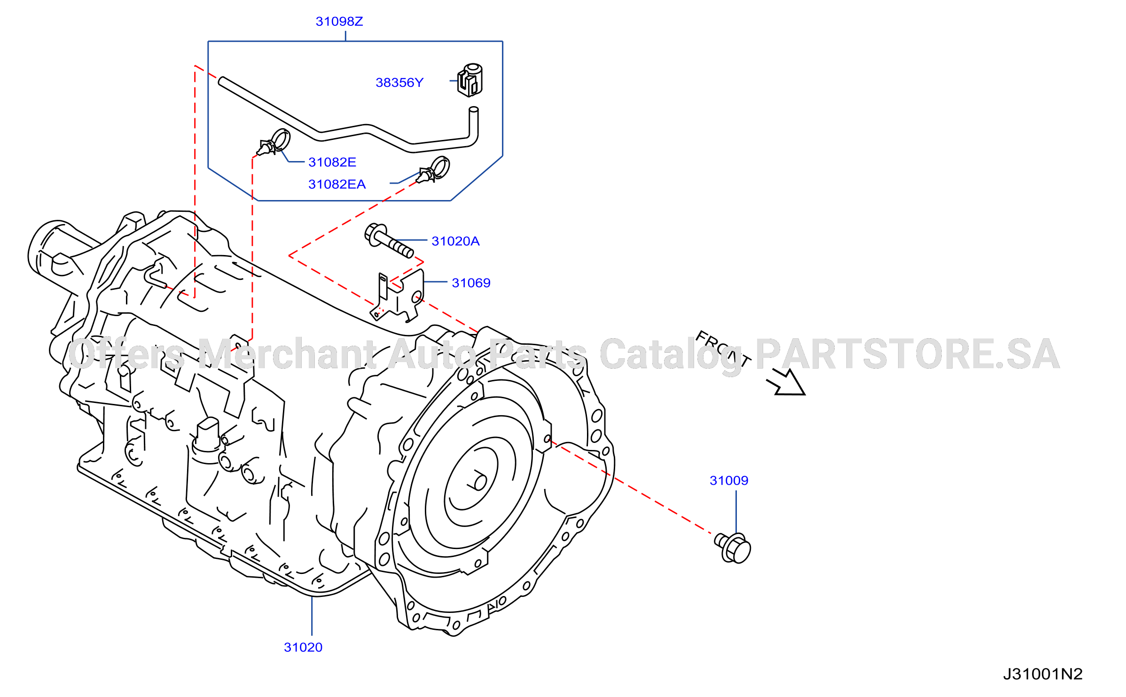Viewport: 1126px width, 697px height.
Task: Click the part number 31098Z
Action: [339, 22]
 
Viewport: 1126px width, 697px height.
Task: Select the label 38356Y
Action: [399, 83]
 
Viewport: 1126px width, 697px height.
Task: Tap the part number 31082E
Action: [332, 163]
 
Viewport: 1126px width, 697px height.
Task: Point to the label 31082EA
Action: [336, 184]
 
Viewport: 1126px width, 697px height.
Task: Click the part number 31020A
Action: [455, 241]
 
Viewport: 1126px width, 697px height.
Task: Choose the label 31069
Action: [471, 283]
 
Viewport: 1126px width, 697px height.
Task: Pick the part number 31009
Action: [729, 480]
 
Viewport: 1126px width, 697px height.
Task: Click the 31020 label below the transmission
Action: [303, 647]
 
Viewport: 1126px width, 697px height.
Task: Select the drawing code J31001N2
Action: [1043, 674]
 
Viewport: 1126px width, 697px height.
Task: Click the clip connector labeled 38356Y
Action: [470, 80]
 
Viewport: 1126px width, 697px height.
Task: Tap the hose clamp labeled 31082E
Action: [274, 143]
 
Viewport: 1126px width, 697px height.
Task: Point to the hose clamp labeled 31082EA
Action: [434, 170]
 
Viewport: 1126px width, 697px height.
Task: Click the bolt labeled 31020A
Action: [389, 241]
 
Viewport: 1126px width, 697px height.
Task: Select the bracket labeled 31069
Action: [398, 296]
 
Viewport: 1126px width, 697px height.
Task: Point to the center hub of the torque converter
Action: [479, 482]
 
